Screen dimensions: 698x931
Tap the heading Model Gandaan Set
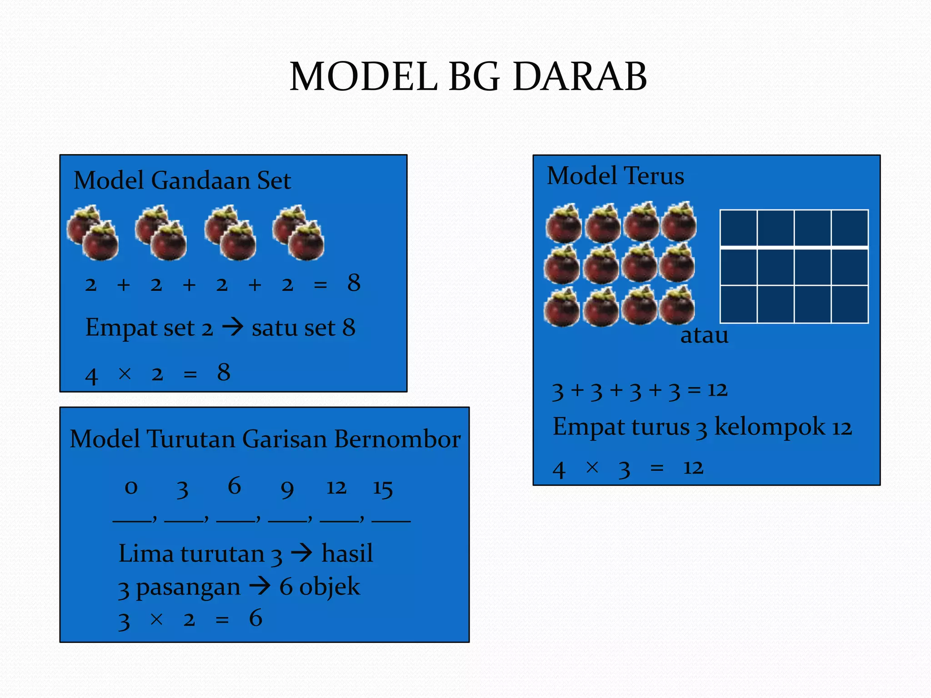[x=182, y=180]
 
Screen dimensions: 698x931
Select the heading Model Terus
[x=615, y=176]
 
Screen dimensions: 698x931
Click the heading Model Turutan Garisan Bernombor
[x=265, y=439]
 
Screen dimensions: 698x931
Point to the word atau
[x=704, y=335]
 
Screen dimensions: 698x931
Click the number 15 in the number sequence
[x=383, y=489]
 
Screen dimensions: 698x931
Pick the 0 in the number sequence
[x=131, y=488]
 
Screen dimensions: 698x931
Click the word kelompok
[x=769, y=427]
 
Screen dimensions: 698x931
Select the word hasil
[x=347, y=553]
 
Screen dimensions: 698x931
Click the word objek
[x=330, y=587]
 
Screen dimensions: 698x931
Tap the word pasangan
[x=188, y=587]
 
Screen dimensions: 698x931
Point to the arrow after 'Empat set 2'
[x=233, y=327]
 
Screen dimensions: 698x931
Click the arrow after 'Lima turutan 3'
[x=302, y=553]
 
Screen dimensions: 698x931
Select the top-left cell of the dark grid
[x=739, y=228]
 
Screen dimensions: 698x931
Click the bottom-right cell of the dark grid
[x=850, y=304]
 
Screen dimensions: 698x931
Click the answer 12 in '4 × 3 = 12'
[x=693, y=468]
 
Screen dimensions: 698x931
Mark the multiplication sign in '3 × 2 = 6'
[x=156, y=619]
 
